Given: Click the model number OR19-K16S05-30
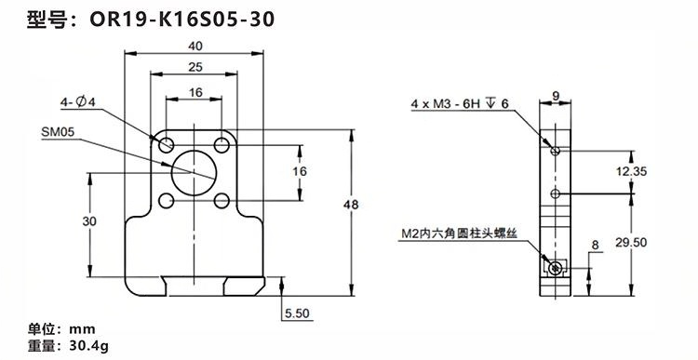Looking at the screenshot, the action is pyautogui.click(x=182, y=20).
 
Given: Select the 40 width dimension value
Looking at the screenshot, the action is pyautogui.click(x=195, y=46).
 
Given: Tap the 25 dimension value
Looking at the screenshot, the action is pyautogui.click(x=195, y=67).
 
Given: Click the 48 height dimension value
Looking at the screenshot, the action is pyautogui.click(x=351, y=205).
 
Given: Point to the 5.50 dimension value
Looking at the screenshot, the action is pyautogui.click(x=297, y=313).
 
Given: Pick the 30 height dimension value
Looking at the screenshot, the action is pyautogui.click(x=89, y=221).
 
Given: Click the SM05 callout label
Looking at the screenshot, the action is pyautogui.click(x=58, y=132).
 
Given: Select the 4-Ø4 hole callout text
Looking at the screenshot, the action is pyautogui.click(x=78, y=102).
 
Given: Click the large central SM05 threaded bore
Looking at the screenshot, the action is pyautogui.click(x=194, y=173).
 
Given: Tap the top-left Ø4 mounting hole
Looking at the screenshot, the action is pyautogui.click(x=166, y=144).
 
